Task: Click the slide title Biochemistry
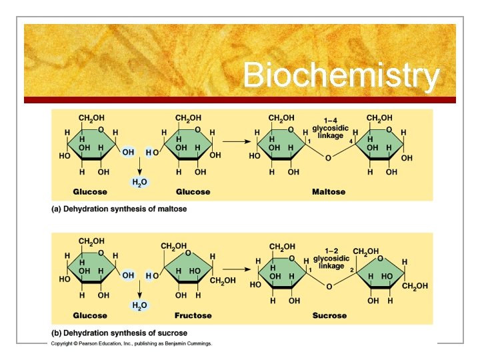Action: point(341,75)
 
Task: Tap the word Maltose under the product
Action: point(329,192)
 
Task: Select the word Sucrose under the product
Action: point(329,315)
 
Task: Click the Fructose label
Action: point(193,315)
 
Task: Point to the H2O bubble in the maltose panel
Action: point(139,181)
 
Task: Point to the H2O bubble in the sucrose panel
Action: point(139,305)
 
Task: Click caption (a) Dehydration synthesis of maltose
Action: point(119,209)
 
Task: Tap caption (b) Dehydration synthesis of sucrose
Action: point(119,333)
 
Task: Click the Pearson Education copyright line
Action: point(131,344)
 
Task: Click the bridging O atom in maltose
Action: point(327,159)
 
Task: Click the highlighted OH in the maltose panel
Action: point(128,152)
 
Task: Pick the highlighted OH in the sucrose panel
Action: point(128,275)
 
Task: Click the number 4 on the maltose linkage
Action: point(349,141)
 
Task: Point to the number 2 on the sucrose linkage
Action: point(351,269)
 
